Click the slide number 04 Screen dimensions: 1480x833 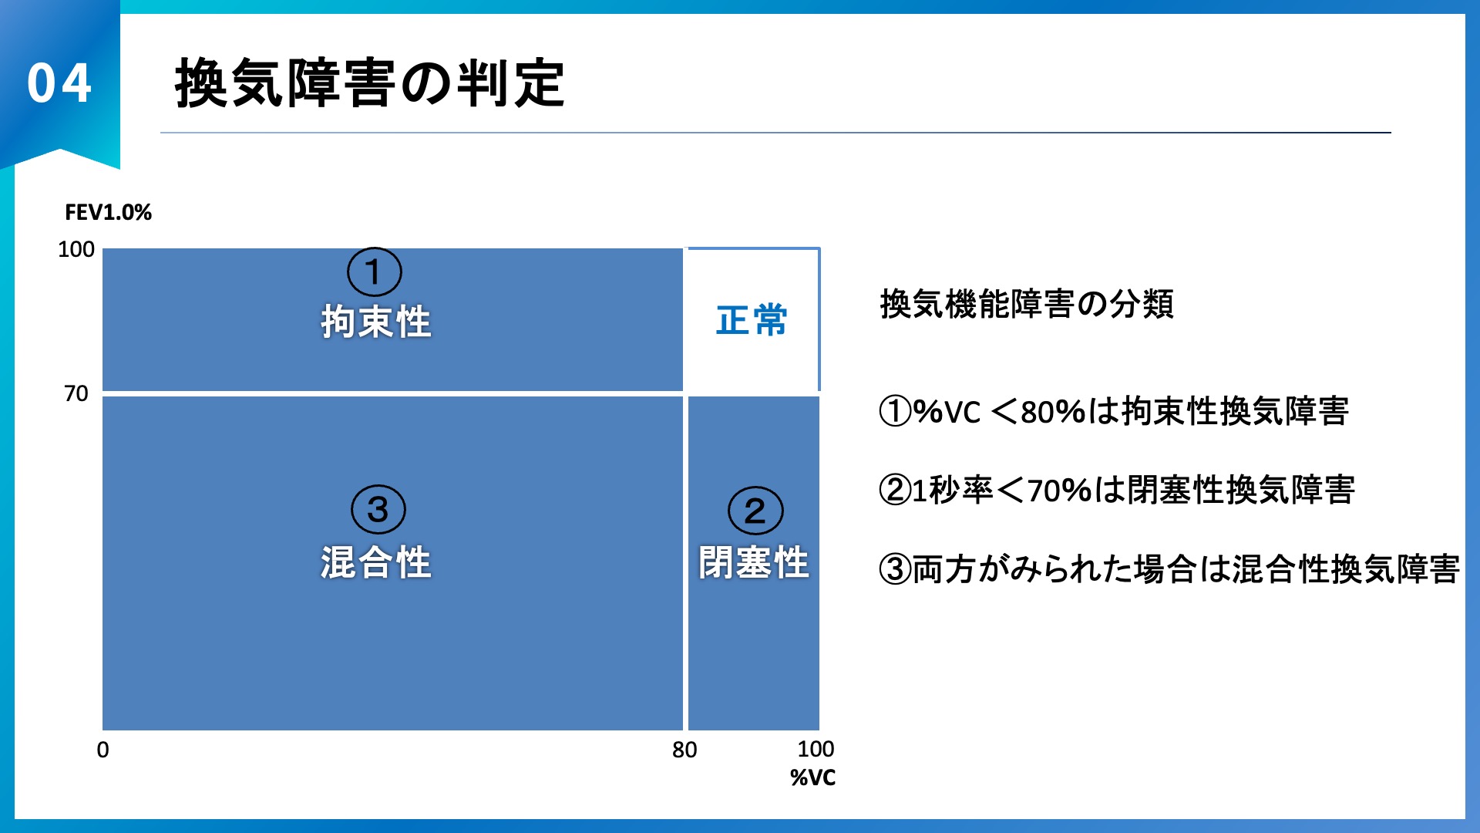click(59, 83)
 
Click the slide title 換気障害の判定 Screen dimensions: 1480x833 click(370, 83)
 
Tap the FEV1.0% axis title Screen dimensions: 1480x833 click(108, 212)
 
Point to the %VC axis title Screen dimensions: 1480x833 click(812, 777)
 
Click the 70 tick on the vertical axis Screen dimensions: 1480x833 click(76, 393)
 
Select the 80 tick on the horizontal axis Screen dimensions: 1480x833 click(684, 750)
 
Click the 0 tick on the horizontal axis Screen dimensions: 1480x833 click(103, 750)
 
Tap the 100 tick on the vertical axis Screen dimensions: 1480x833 click(76, 249)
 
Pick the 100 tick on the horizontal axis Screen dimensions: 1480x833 click(816, 749)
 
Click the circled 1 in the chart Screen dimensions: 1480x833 click(375, 272)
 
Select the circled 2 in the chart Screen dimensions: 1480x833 click(755, 511)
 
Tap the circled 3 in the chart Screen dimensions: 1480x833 click(378, 509)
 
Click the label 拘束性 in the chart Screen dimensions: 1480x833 click(376, 322)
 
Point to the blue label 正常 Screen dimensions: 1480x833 click(752, 320)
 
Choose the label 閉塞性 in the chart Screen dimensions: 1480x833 click(754, 562)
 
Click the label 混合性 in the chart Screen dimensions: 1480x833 click(376, 562)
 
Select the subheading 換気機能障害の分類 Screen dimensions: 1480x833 click(1027, 304)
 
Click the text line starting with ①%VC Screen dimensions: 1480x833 click(1114, 411)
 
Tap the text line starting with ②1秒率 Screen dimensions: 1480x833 click(1117, 490)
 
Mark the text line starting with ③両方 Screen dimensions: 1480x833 click(1169, 569)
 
